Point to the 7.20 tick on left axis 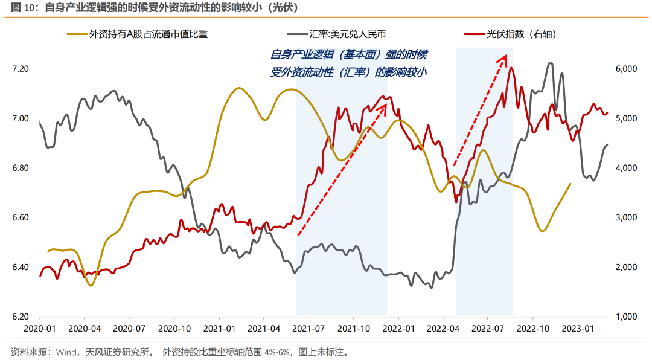(21, 69)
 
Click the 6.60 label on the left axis (21, 217)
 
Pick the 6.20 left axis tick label (21, 317)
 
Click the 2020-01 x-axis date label (40, 329)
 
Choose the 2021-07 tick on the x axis (308, 329)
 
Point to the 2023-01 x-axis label (578, 329)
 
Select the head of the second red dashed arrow (504, 56)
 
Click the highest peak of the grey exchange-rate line (550, 63)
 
